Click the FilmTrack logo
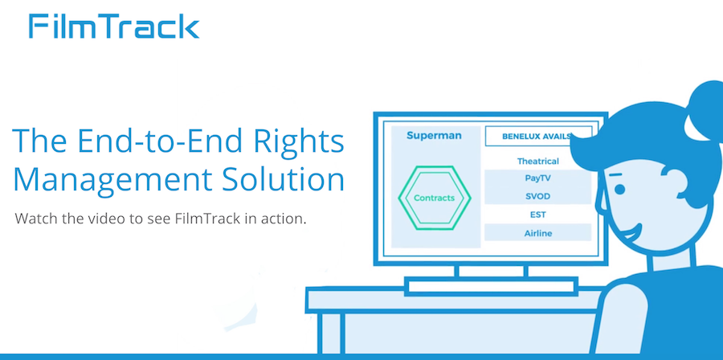click(114, 27)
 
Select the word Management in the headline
click(112, 179)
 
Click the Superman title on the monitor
click(434, 136)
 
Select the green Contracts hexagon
click(434, 198)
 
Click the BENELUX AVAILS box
click(538, 136)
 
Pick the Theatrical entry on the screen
click(537, 162)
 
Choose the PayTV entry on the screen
click(537, 178)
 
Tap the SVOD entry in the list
click(537, 196)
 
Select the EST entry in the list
click(537, 215)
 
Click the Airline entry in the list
click(537, 233)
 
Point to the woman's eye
click(619, 189)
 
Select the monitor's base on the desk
click(491, 286)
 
